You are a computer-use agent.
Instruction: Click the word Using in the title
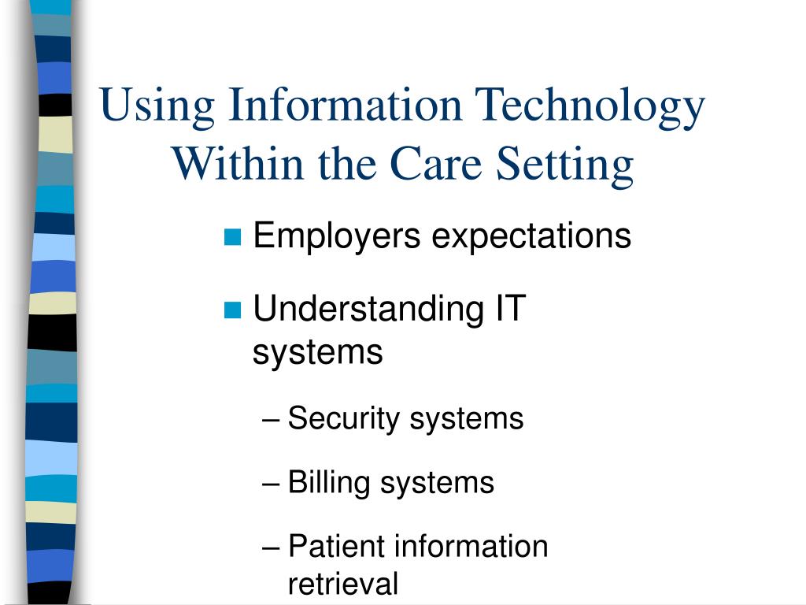(x=157, y=107)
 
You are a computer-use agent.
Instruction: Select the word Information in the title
(x=345, y=105)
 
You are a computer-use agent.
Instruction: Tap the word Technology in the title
(x=590, y=107)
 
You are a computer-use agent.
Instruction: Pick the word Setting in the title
(x=564, y=165)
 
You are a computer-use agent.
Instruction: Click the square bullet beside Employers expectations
(x=233, y=237)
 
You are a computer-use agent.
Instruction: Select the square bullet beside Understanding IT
(x=233, y=310)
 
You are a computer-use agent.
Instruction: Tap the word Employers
(x=337, y=237)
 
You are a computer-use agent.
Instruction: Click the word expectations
(x=531, y=238)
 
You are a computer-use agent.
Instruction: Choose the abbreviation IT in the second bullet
(x=510, y=309)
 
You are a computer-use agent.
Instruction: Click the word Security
(x=344, y=419)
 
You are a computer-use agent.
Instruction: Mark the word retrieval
(x=343, y=584)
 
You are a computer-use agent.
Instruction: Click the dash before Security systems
(x=271, y=421)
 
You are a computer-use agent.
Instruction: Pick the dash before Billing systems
(x=271, y=485)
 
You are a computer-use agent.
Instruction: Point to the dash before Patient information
(x=271, y=549)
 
